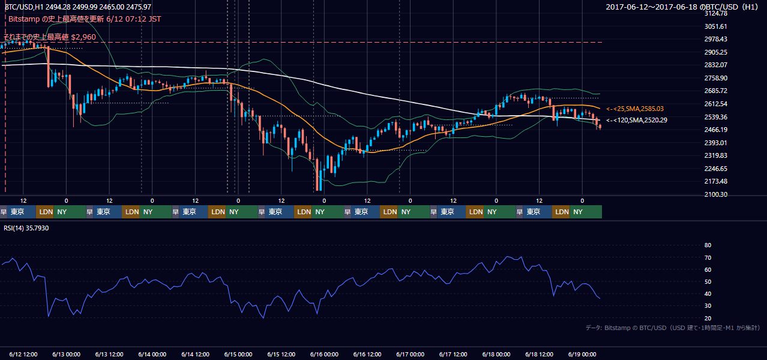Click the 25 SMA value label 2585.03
point(635,109)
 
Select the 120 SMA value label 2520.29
point(637,120)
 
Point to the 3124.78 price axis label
point(715,13)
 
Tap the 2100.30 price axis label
point(715,194)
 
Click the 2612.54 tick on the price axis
point(715,104)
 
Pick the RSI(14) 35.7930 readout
point(26,228)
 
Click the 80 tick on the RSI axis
point(708,245)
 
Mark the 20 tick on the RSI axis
point(708,318)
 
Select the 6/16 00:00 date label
point(324,355)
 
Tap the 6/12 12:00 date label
point(23,355)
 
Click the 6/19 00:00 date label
point(582,355)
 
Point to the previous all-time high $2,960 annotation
point(50,37)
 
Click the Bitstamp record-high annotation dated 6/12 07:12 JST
point(85,19)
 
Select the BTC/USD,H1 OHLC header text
point(78,7)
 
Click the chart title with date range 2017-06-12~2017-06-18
point(682,7)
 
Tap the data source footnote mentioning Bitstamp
point(673,328)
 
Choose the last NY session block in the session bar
point(586,212)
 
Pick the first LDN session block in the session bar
point(44,212)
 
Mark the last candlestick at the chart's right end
point(600,127)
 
